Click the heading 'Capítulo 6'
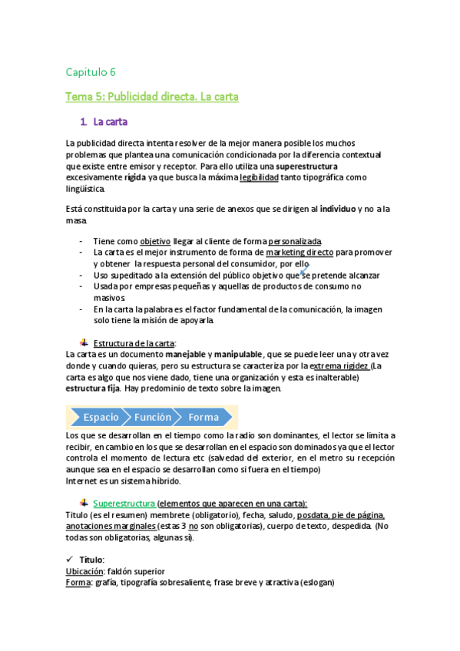click(91, 72)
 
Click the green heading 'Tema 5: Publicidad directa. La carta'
click(153, 97)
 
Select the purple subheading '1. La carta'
click(104, 121)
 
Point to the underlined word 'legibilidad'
click(259, 177)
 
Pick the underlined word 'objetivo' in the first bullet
click(155, 241)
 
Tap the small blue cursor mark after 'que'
click(303, 272)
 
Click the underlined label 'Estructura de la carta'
click(134, 342)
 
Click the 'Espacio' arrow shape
click(99, 417)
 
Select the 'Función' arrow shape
click(154, 417)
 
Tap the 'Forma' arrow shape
click(204, 417)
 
